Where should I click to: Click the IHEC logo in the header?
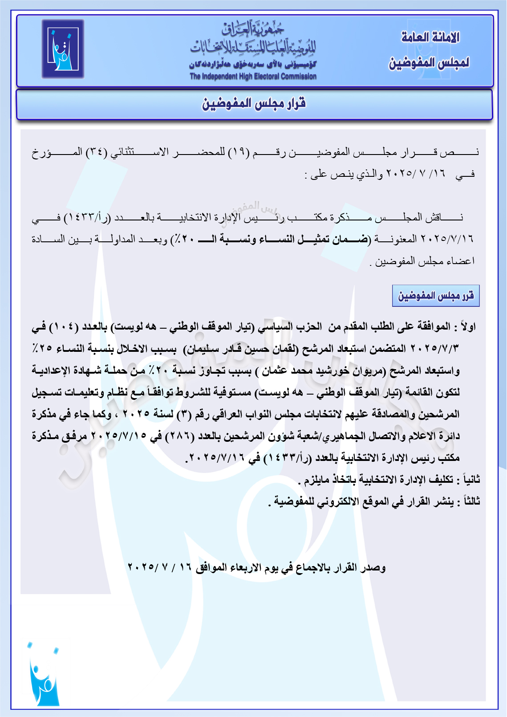(63, 49)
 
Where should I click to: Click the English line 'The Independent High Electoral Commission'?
(253, 76)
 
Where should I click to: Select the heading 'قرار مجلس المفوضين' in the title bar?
(254, 104)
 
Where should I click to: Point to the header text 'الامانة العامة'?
(430, 37)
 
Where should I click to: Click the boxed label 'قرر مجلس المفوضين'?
(435, 296)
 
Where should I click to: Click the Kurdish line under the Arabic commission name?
(252, 64)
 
